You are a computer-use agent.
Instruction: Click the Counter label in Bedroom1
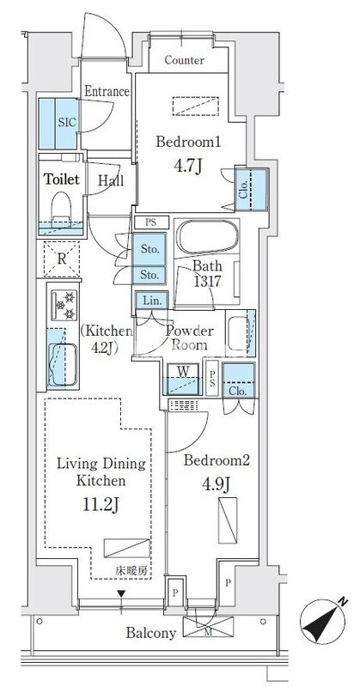pyautogui.click(x=184, y=60)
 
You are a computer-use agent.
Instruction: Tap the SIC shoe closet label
pyautogui.click(x=64, y=122)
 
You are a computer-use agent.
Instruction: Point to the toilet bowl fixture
pyautogui.click(x=61, y=206)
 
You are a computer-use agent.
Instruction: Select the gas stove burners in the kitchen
pyautogui.click(x=64, y=305)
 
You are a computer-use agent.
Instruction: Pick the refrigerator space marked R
pyautogui.click(x=62, y=258)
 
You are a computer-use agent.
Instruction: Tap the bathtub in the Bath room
pyautogui.click(x=206, y=237)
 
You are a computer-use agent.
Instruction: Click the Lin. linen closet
pyautogui.click(x=151, y=301)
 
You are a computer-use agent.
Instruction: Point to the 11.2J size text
pyautogui.click(x=101, y=504)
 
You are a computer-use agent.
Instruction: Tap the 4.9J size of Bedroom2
pyautogui.click(x=217, y=483)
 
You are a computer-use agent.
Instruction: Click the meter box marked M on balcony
pyautogui.click(x=208, y=627)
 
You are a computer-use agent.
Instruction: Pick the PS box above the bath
pyautogui.click(x=150, y=222)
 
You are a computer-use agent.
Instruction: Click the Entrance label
pyautogui.click(x=107, y=92)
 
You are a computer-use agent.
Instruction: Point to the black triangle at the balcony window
pyautogui.click(x=121, y=593)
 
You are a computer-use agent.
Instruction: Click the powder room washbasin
pyautogui.click(x=237, y=332)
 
